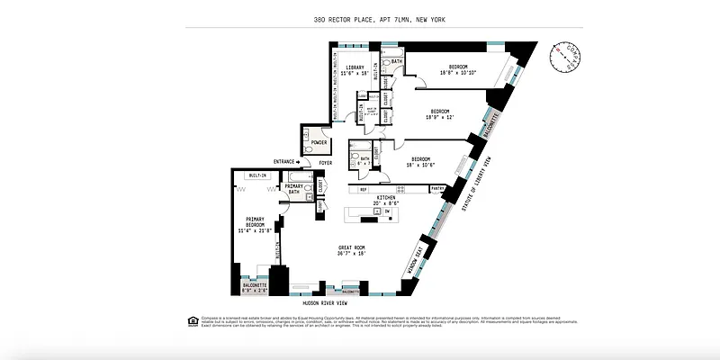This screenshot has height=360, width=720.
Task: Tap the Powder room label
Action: (x=319, y=142)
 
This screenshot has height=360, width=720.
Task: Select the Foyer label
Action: (x=325, y=163)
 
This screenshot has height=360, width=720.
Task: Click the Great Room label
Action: (x=352, y=247)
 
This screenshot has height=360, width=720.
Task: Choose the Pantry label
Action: (x=438, y=189)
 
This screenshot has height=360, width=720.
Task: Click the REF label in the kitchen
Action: (x=364, y=189)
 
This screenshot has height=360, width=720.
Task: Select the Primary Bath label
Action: (x=293, y=188)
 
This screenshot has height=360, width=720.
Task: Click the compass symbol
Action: (x=565, y=57)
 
